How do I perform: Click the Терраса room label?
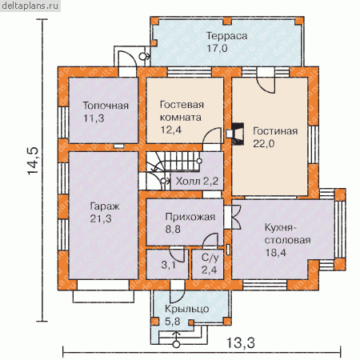[x=227, y=36]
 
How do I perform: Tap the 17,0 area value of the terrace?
[x=217, y=48]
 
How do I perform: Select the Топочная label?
[x=106, y=106]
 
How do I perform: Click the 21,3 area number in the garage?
[x=101, y=218]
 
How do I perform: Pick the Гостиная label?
[x=275, y=131]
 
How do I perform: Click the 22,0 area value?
[x=263, y=144]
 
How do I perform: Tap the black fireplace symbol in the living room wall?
[x=238, y=134]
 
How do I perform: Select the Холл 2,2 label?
[x=197, y=182]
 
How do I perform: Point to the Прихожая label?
[x=190, y=217]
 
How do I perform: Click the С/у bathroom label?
[x=210, y=258]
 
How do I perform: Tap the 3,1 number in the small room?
[x=169, y=265]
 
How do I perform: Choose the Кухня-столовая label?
[x=287, y=234]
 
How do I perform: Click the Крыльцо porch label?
[x=186, y=310]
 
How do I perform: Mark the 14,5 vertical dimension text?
[x=34, y=162]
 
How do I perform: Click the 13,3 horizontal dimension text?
[x=241, y=342]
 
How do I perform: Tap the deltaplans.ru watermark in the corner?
[x=30, y=6]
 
